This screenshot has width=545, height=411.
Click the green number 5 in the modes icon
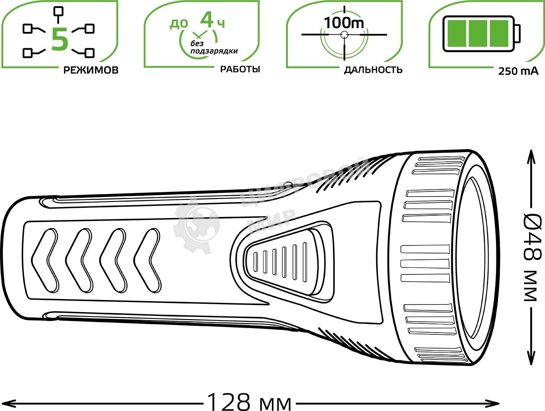(x=59, y=40)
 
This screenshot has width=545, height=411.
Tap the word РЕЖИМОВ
(x=91, y=70)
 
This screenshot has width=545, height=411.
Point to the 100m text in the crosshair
(x=344, y=23)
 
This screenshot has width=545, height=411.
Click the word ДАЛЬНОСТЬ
(x=373, y=70)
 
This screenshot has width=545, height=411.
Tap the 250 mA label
(x=518, y=71)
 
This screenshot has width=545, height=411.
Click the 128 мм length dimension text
(x=250, y=402)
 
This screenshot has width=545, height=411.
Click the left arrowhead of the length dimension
(x=9, y=403)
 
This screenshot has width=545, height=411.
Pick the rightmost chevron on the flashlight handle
(x=147, y=261)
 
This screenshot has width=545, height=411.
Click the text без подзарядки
(x=214, y=47)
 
